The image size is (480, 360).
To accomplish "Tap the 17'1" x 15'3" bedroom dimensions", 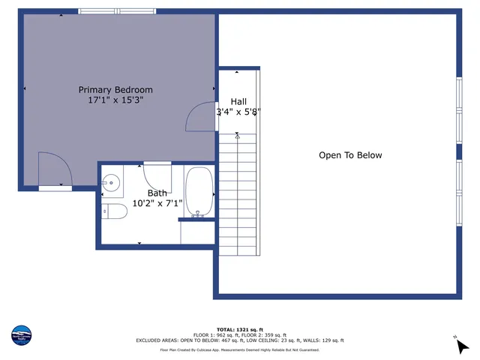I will tap(115, 100).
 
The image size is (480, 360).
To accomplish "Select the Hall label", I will tap(238, 102).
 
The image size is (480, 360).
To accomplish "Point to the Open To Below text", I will tap(350, 156).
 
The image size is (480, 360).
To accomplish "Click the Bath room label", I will tap(157, 193).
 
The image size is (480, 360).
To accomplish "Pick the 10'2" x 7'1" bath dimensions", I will tap(157, 203).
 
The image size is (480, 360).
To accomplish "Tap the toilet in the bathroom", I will tap(115, 211).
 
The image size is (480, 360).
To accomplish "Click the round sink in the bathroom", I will tap(111, 181).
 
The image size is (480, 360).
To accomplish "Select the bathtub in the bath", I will tap(199, 191).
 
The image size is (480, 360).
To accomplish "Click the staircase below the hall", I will tap(238, 195).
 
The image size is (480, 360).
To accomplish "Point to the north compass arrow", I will tap(462, 345).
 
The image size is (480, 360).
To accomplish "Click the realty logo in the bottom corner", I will tap(22, 335).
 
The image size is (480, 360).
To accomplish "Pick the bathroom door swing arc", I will tap(157, 178).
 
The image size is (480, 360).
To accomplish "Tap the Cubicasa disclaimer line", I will tap(239, 349).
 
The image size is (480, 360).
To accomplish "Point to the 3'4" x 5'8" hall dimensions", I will tap(238, 112).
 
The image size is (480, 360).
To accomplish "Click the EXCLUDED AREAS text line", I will tap(239, 340).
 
